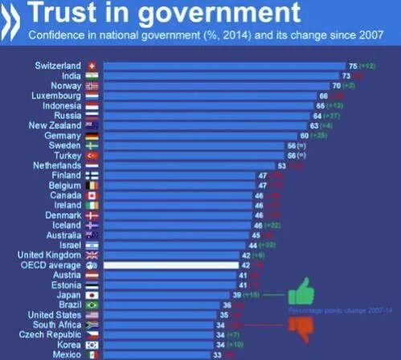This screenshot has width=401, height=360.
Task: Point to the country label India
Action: click(68, 75)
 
